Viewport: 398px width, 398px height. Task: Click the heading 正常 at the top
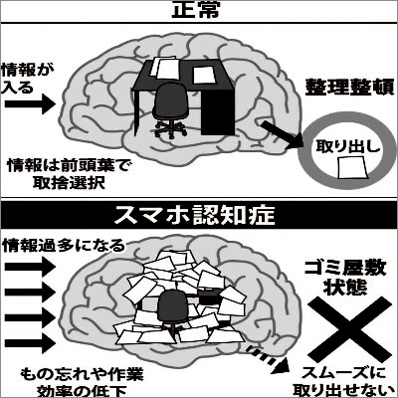coord(196,10)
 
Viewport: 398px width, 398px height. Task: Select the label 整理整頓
coord(349,87)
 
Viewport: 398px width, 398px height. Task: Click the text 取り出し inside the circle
coord(347,146)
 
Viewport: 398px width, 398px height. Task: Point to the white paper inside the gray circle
coord(352,168)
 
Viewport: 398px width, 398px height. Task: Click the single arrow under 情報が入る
coord(30,103)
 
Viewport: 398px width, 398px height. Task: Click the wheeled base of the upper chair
coord(170,128)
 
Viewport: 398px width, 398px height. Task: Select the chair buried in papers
coord(172,307)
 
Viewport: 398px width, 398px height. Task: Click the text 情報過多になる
coord(64,246)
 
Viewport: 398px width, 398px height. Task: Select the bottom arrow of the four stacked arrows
coord(30,342)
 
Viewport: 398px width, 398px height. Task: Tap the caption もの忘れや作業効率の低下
coord(82,382)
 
